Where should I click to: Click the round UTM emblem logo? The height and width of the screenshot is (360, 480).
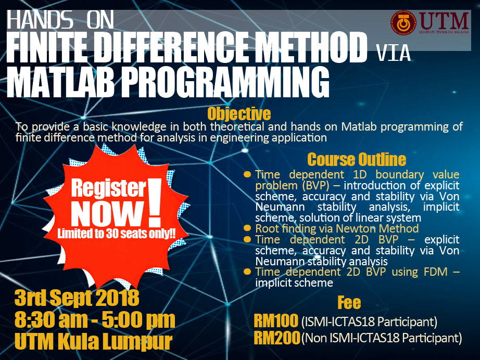pyautogui.click(x=404, y=23)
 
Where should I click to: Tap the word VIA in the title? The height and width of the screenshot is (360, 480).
pyautogui.click(x=394, y=53)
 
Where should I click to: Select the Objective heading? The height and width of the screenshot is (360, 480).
pyautogui.click(x=239, y=114)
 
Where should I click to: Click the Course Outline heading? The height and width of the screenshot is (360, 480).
pyautogui.click(x=357, y=159)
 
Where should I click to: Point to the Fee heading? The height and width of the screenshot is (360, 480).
pyautogui.click(x=349, y=302)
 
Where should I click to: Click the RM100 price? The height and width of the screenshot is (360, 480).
pyautogui.click(x=276, y=320)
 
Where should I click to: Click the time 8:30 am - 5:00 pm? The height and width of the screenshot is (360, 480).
pyautogui.click(x=95, y=320)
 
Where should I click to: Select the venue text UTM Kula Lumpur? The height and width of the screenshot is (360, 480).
pyautogui.click(x=93, y=341)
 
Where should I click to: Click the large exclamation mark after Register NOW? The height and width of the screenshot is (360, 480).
pyautogui.click(x=155, y=202)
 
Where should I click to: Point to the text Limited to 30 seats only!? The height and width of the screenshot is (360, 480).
pyautogui.click(x=116, y=234)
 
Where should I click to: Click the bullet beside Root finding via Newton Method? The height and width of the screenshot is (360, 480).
pyautogui.click(x=247, y=228)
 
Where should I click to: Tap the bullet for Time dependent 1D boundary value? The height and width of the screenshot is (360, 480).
pyautogui.click(x=247, y=174)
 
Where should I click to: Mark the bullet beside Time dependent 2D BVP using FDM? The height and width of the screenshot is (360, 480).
pyautogui.click(x=247, y=271)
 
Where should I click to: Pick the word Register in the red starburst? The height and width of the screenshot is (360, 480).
pyautogui.click(x=109, y=189)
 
